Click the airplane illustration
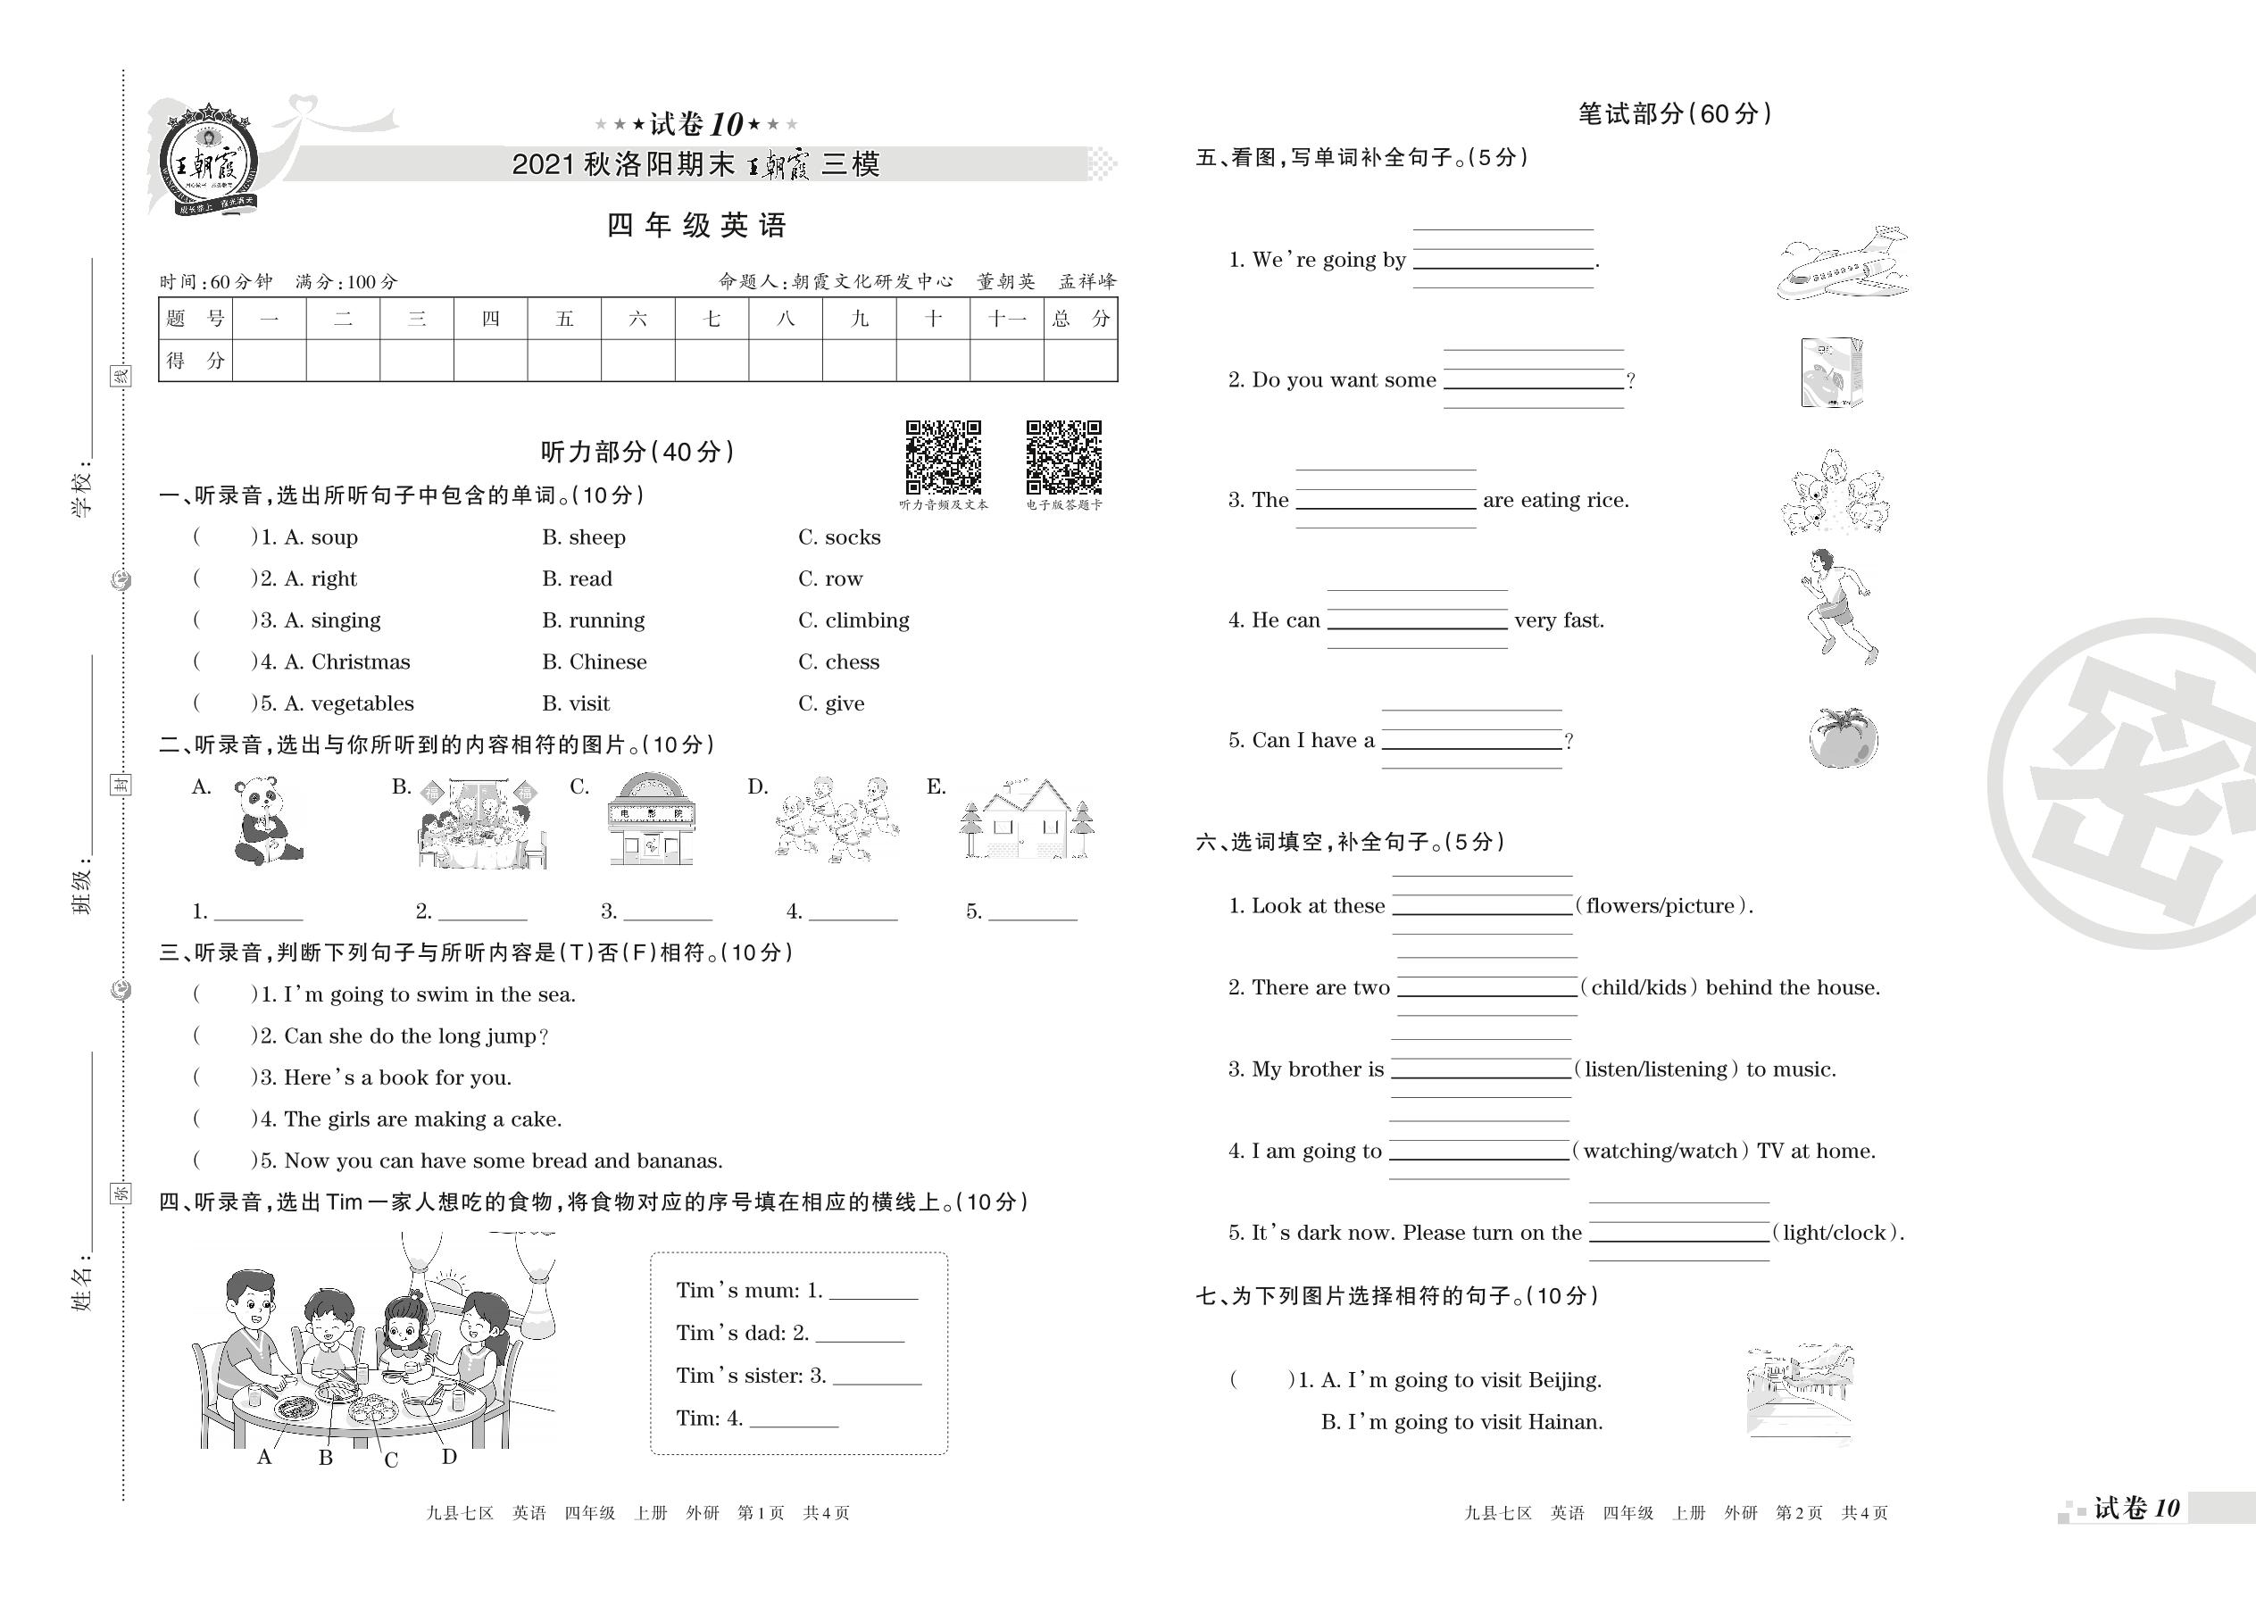(1842, 263)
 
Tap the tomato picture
(1842, 737)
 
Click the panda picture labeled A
(265, 821)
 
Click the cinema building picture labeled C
(652, 819)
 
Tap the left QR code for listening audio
(943, 457)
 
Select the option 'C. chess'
(838, 661)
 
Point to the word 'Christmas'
(360, 661)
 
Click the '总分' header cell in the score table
(1080, 319)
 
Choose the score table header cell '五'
(563, 319)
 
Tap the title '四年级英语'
(696, 226)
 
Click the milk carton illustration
(1831, 373)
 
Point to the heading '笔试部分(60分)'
(1674, 114)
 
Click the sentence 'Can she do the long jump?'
(415, 1036)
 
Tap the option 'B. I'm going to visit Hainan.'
(1461, 1422)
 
